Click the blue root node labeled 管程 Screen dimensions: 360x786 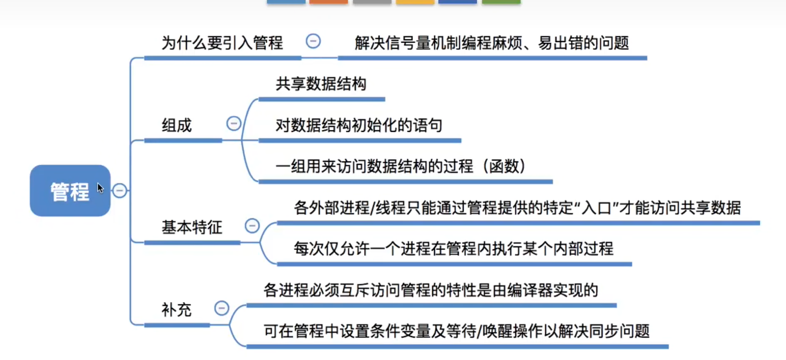tap(70, 191)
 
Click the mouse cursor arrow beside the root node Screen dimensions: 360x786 tap(100, 188)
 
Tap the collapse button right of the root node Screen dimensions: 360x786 tap(120, 191)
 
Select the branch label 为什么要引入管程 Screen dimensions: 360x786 tap(222, 43)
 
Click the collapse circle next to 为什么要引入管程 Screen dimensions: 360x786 tap(313, 41)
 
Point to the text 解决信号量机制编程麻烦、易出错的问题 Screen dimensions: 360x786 tap(491, 43)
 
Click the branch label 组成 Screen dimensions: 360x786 tap(177, 125)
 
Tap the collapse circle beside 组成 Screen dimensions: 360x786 tap(234, 123)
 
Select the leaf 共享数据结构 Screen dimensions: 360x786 tap(321, 84)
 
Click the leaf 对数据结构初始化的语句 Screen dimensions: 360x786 tap(359, 125)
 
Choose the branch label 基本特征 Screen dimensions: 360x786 tap(192, 227)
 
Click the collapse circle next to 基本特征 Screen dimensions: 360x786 tap(252, 225)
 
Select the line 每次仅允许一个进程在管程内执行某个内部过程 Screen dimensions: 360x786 tap(453, 249)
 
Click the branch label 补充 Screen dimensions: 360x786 tap(176, 310)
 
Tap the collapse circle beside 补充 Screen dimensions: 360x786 tap(222, 308)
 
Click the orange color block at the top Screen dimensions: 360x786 tap(328, 2)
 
